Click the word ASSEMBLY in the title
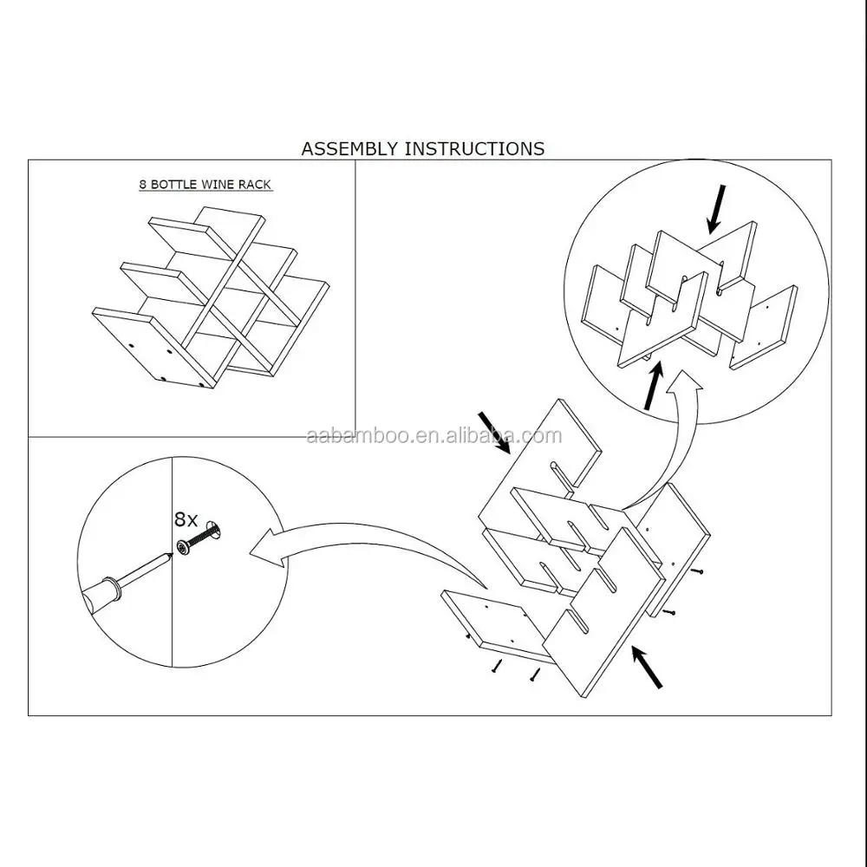[x=349, y=149]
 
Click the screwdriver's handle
[x=101, y=593]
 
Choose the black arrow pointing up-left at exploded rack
[x=647, y=668]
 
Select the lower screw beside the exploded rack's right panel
[x=668, y=612]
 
